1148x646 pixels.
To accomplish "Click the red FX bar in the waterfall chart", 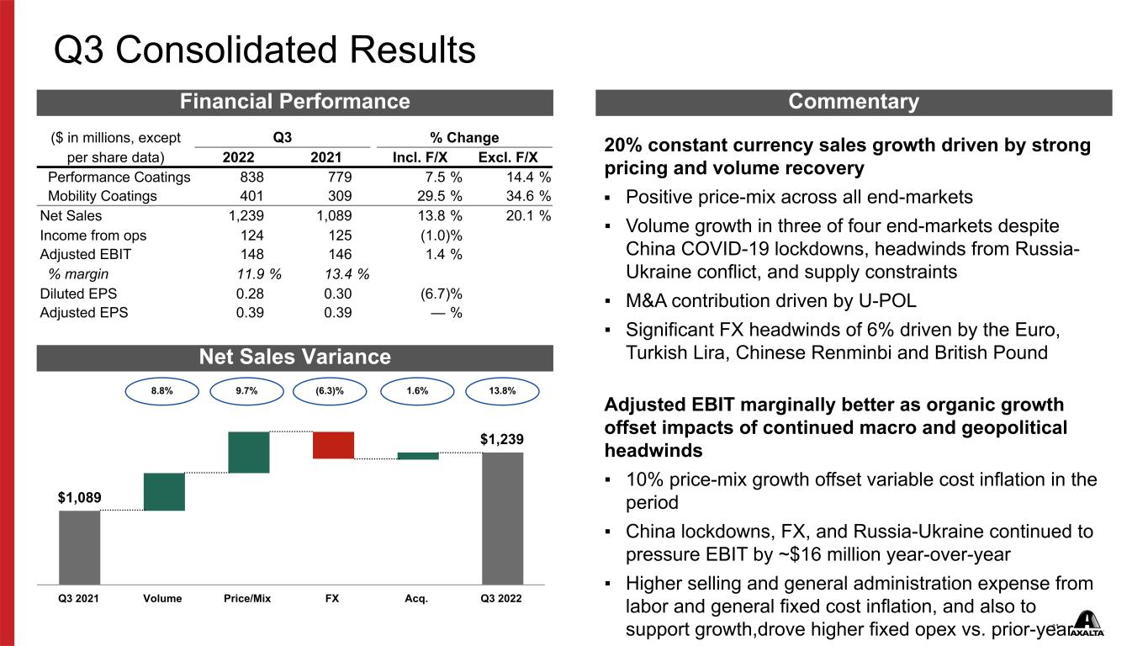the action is pos(333,445).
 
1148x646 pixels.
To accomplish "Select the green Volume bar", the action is pos(164,492).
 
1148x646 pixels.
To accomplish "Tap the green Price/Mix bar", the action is pos(249,453).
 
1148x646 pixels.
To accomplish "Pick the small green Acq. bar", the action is pos(418,456).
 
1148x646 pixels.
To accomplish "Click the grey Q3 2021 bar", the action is pos(79,548).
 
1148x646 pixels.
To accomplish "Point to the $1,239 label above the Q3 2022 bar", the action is pos(502,439).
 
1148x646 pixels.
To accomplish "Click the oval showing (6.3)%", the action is pos(330,391).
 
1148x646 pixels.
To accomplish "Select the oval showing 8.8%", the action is pos(162,391).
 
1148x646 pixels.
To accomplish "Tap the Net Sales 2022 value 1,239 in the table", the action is pos(246,216).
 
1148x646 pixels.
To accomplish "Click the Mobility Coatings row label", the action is pos(102,196).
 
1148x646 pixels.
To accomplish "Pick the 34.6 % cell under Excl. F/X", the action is pos(528,196).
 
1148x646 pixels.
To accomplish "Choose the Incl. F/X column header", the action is pos(420,157).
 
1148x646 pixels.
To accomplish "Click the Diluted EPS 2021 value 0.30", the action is pos(338,294).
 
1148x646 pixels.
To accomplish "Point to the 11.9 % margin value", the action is pos(259,274).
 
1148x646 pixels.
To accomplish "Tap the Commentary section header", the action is pos(854,102).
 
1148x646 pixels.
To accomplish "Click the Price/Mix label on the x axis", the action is pos(247,598).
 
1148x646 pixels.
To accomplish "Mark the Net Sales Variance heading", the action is pos(294,357).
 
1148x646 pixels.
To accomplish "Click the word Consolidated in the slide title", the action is pos(226,50).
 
